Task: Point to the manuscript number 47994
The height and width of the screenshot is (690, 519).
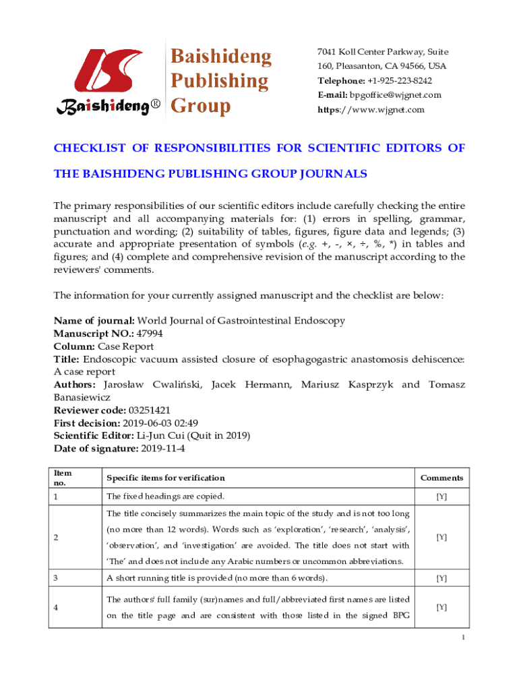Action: point(149,334)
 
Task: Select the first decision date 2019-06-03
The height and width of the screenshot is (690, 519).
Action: point(147,423)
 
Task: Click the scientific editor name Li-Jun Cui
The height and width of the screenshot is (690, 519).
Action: point(163,436)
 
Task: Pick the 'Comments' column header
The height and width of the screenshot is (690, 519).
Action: point(441,478)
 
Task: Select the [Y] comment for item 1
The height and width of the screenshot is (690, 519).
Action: point(441,497)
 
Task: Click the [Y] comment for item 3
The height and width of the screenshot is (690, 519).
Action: point(441,578)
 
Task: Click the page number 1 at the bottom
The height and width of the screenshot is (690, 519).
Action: point(461,639)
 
